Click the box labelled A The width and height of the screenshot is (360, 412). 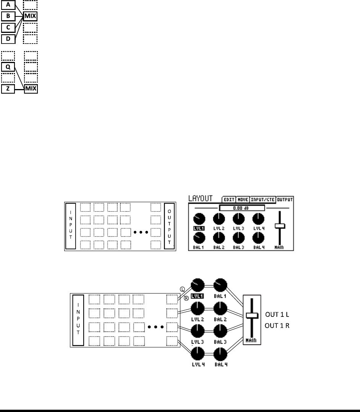pos(8,5)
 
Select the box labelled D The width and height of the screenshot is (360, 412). pos(8,39)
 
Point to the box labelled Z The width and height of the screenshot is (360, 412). pos(8,89)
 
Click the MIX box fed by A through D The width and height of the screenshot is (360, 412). pos(31,17)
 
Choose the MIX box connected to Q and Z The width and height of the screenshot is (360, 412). pos(31,89)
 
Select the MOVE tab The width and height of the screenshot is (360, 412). pos(243,200)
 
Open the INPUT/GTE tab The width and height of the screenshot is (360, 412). pos(263,200)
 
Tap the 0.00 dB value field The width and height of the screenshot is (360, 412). pos(242,208)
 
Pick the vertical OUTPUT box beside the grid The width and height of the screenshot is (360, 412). pos(169,226)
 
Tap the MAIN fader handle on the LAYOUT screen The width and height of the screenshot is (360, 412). pos(280,227)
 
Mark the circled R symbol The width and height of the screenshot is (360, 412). pos(186,298)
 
